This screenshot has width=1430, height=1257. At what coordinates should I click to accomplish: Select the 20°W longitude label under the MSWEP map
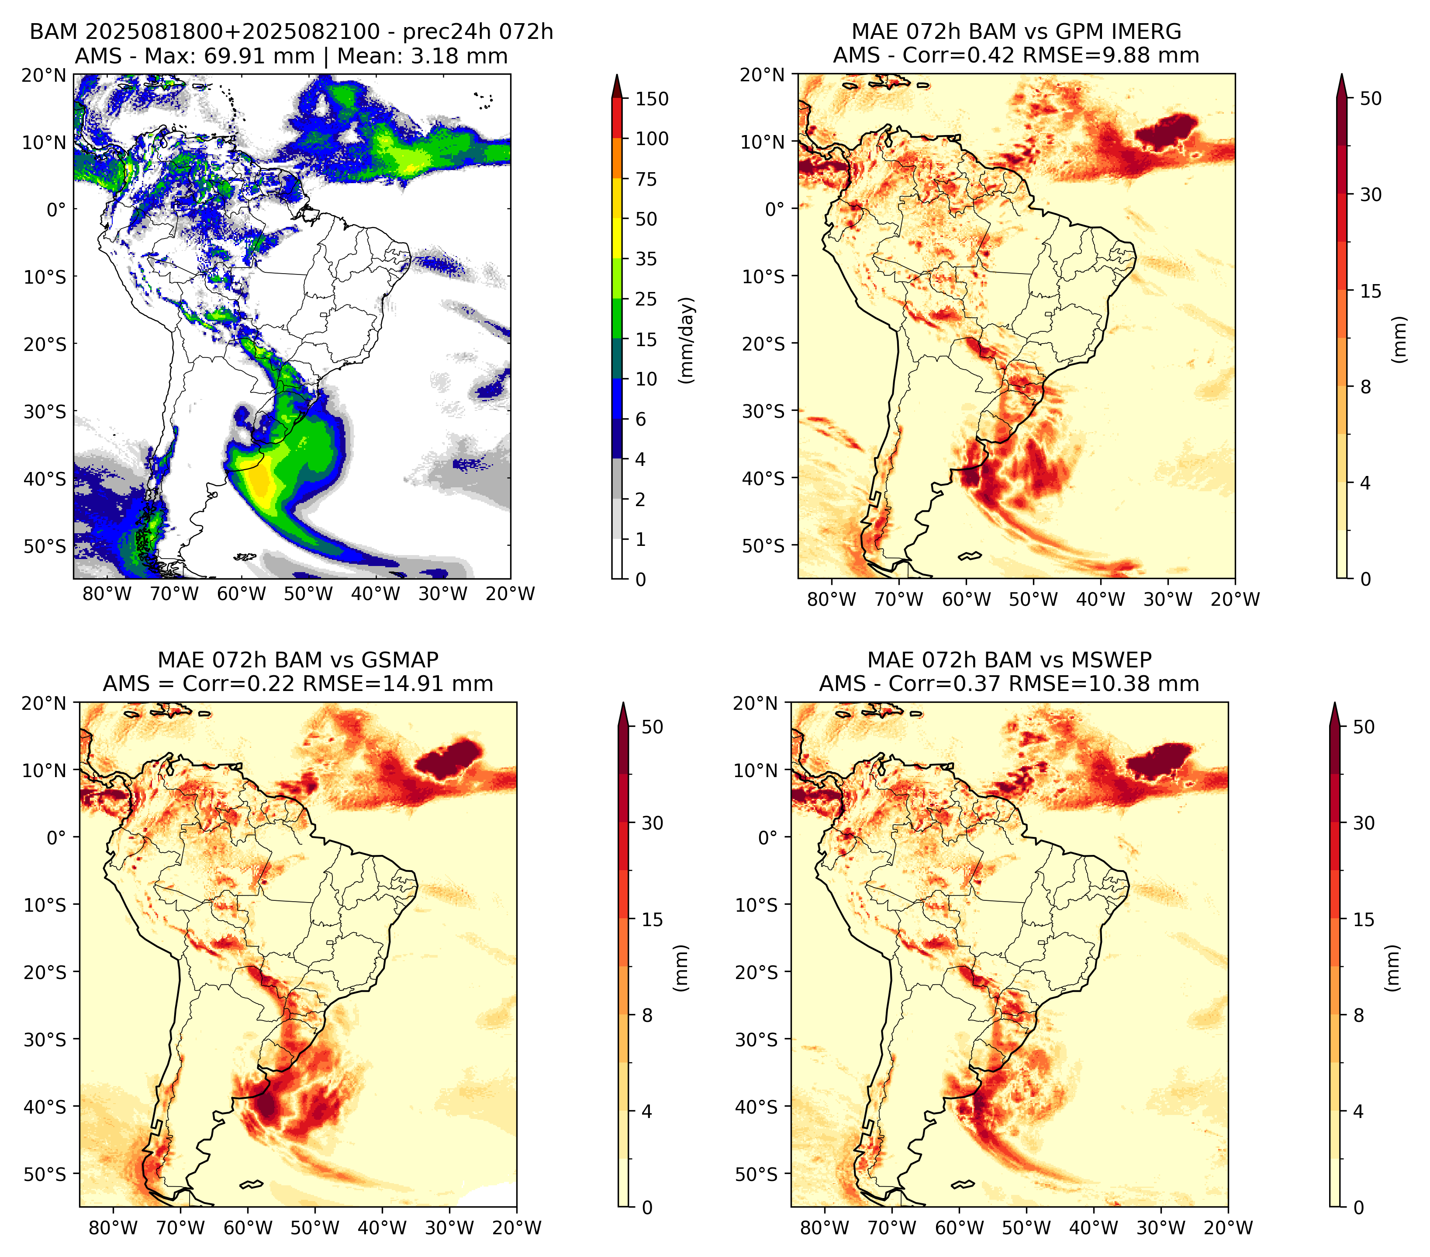pyautogui.click(x=1228, y=1228)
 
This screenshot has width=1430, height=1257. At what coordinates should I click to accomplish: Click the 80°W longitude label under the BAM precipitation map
pyautogui.click(x=107, y=594)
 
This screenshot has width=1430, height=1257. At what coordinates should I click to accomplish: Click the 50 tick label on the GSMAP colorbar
pyautogui.click(x=652, y=727)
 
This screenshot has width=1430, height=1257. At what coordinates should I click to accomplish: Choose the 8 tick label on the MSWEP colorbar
pyautogui.click(x=1358, y=1016)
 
